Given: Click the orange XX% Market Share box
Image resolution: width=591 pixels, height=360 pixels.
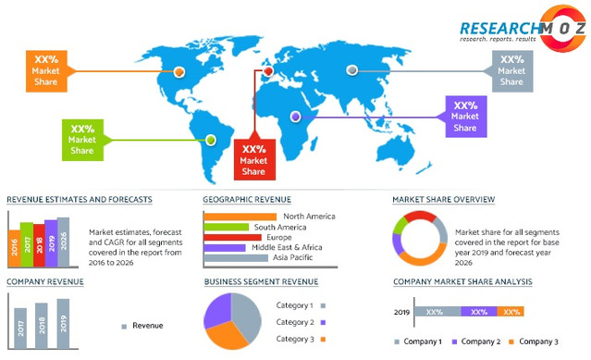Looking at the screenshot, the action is pyautogui.click(x=46, y=71).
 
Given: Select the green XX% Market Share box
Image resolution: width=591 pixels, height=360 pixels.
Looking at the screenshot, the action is pyautogui.click(x=82, y=139).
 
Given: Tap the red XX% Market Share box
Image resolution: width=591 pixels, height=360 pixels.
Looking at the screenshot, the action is pyautogui.click(x=253, y=159).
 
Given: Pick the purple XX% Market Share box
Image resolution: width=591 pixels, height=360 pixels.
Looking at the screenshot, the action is pyautogui.click(x=465, y=117).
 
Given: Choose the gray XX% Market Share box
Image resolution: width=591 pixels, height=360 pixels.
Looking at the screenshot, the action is pyautogui.click(x=511, y=70).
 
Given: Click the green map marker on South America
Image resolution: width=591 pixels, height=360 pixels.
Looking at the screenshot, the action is pyautogui.click(x=211, y=140).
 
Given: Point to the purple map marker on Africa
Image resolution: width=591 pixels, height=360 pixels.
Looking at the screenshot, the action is pyautogui.click(x=295, y=117).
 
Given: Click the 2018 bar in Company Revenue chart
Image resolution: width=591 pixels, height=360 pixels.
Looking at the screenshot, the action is pyautogui.click(x=40, y=319).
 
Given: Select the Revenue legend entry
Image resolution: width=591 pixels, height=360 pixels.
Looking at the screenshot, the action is pyautogui.click(x=142, y=325).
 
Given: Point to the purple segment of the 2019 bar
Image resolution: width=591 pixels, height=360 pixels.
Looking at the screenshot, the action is pyautogui.click(x=478, y=312).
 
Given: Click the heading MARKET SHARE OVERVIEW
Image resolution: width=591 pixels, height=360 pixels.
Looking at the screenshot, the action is pyautogui.click(x=443, y=199).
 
